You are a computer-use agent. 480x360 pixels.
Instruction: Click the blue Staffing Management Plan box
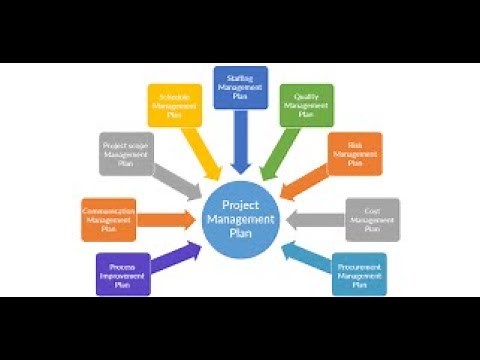tap(241, 87)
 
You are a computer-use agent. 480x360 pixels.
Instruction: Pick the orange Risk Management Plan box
tap(355, 154)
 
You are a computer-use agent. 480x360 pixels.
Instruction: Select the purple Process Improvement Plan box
tap(123, 274)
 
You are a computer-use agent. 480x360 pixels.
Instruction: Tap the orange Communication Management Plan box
tap(108, 219)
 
